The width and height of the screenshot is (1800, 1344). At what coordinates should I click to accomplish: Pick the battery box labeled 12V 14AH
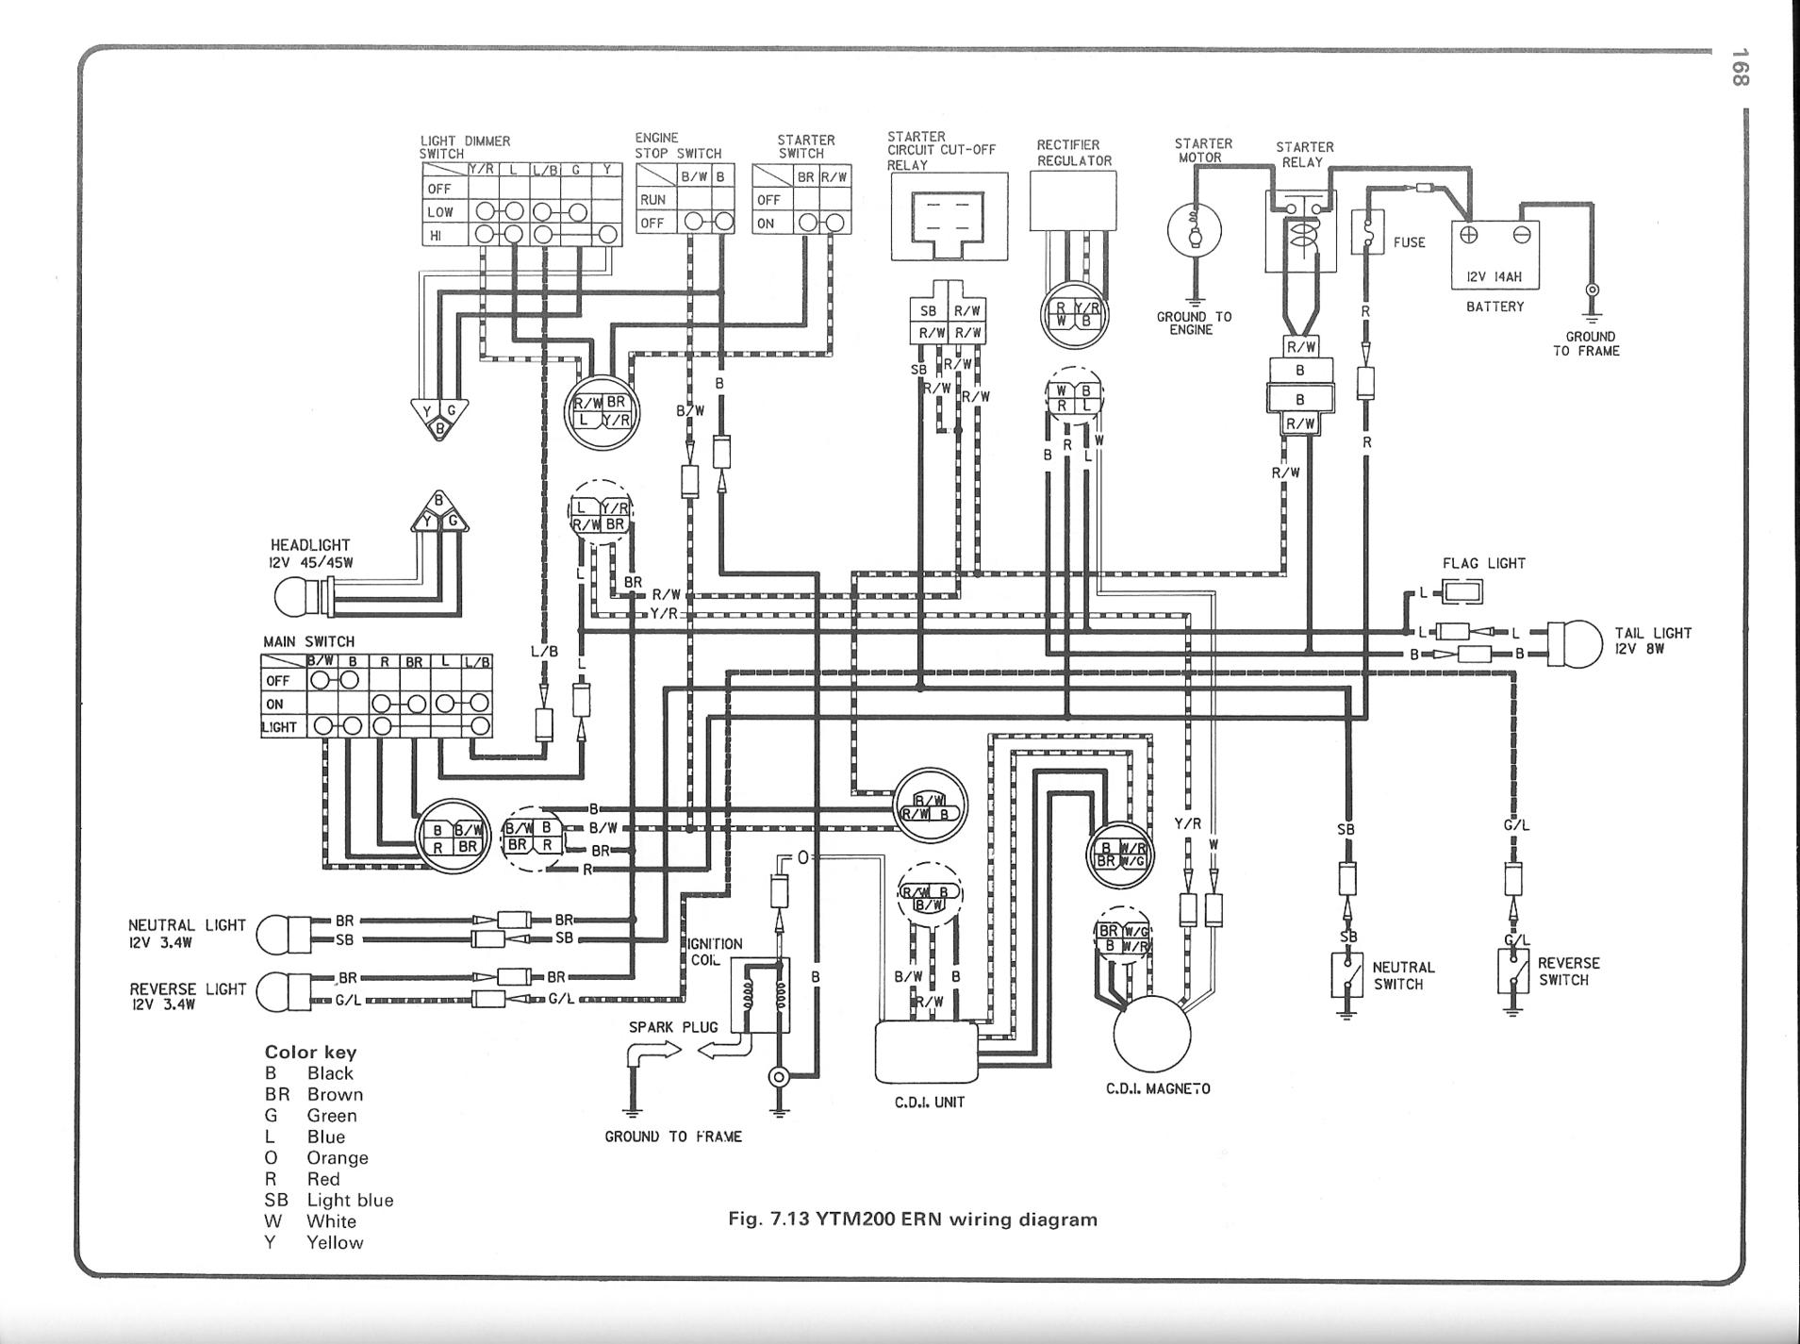pos(1494,256)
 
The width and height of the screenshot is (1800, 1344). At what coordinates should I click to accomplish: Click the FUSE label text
pos(1409,242)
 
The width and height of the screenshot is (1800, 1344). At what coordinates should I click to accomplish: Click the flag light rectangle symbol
pos(1461,592)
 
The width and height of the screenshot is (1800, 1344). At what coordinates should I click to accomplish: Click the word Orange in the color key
pos(337,1157)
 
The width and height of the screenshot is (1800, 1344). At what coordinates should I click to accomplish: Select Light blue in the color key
pos(350,1200)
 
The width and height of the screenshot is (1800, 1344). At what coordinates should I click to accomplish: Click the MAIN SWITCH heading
pos(308,641)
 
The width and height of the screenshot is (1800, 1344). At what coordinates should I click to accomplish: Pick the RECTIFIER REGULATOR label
pos(1074,153)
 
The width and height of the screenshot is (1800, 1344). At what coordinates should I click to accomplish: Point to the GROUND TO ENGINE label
pos(1194,323)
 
